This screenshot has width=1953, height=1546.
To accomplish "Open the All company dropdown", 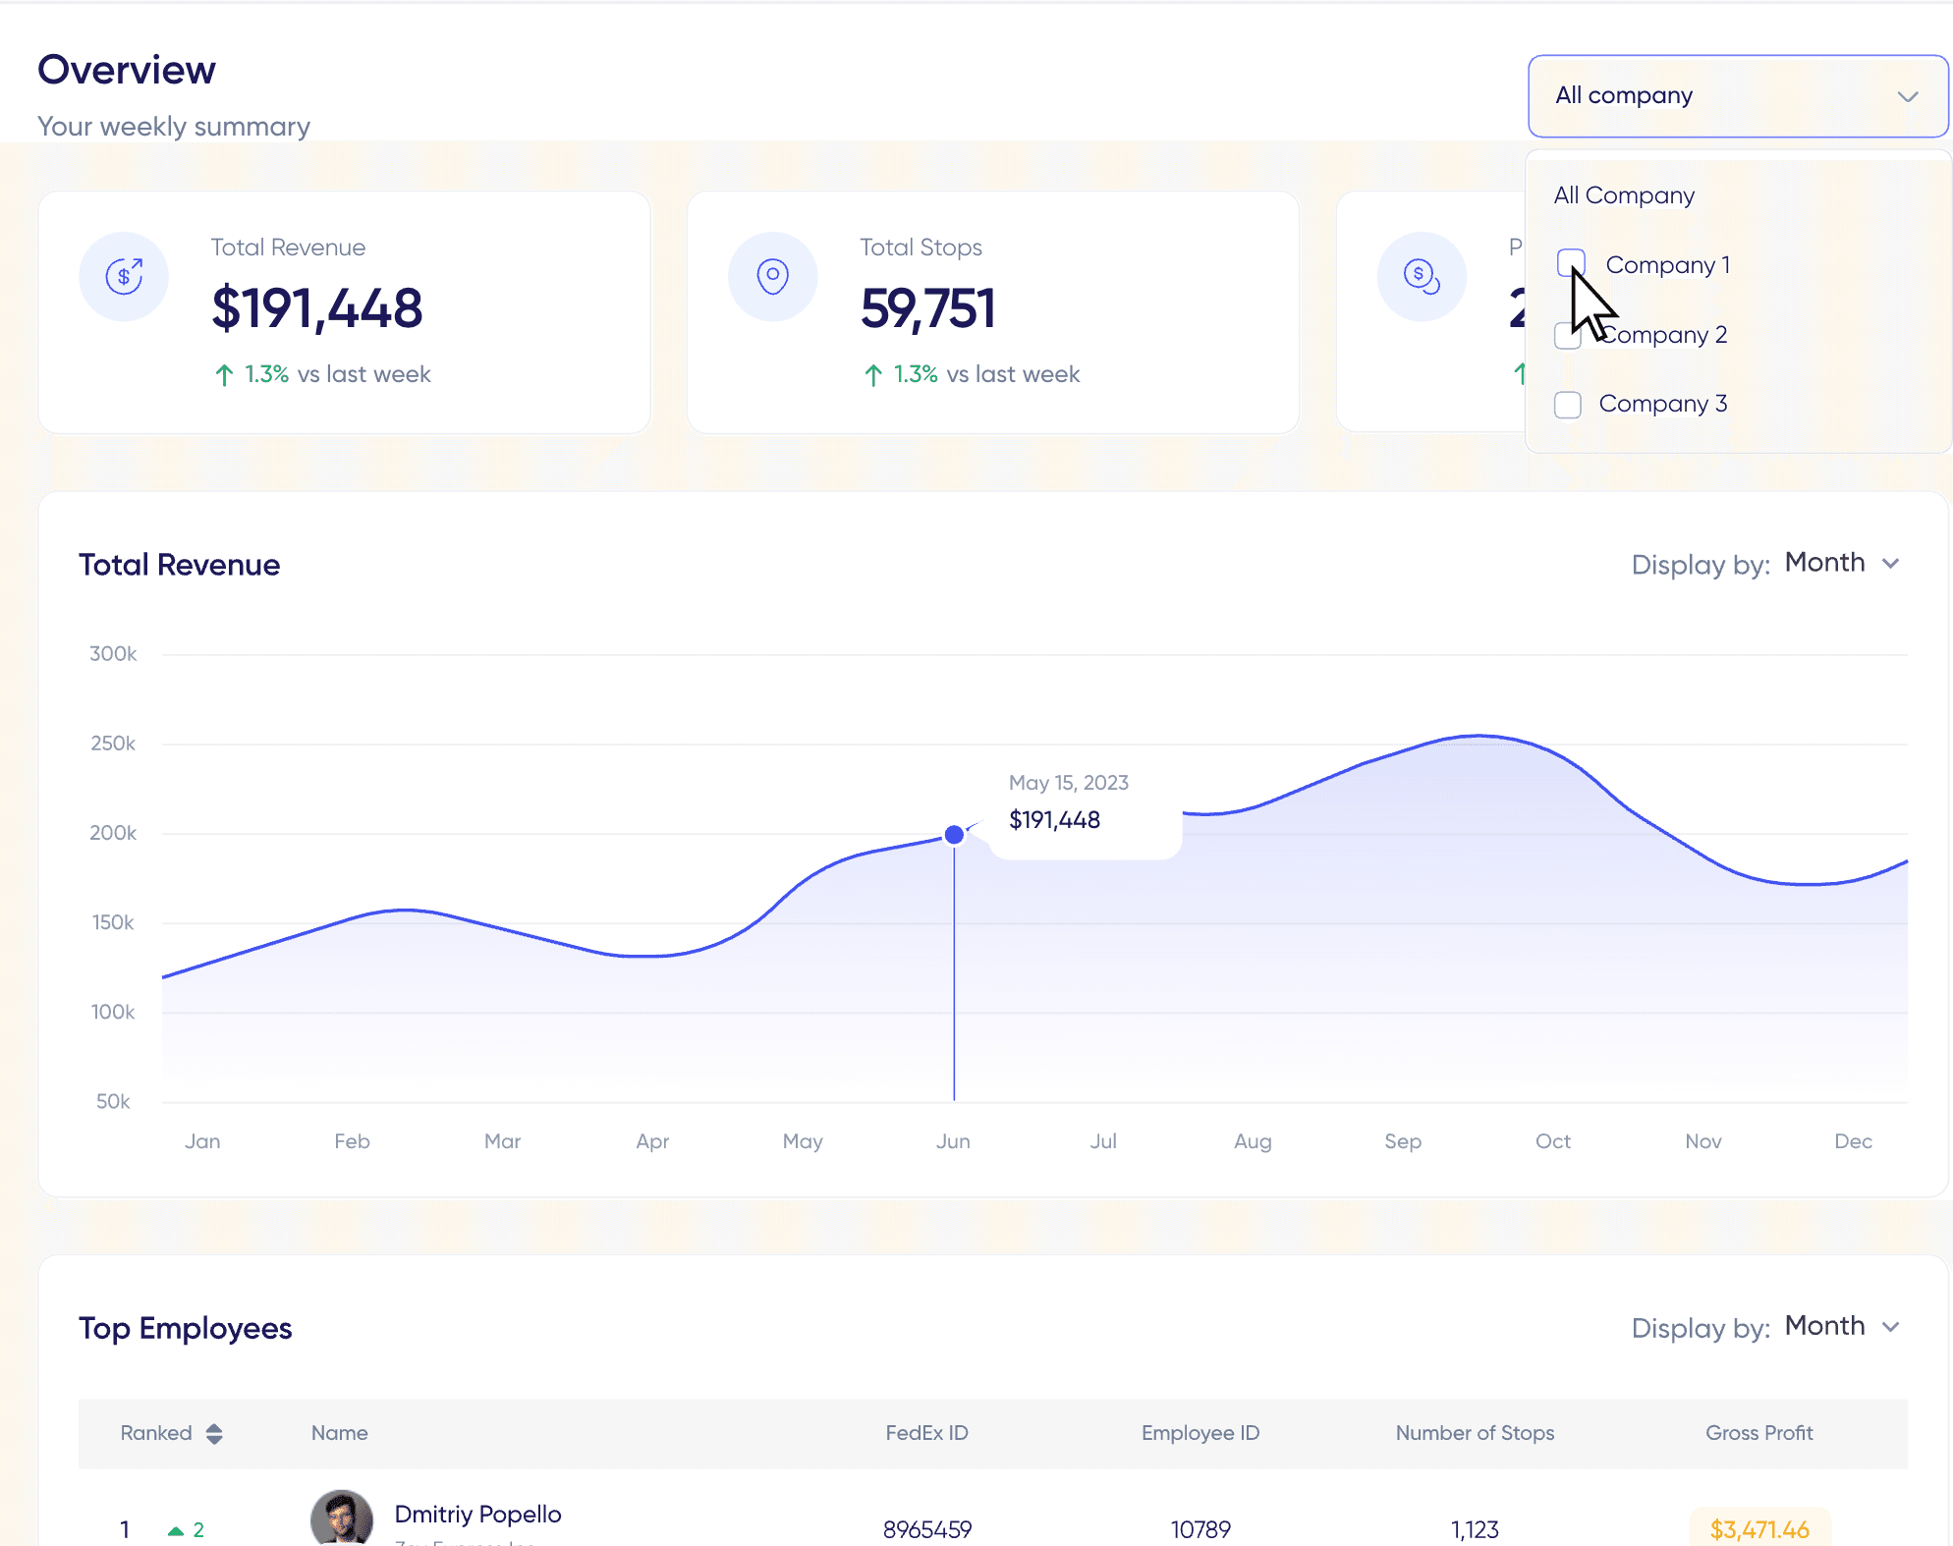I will click(1737, 96).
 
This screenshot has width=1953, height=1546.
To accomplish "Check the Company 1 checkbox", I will click(1571, 263).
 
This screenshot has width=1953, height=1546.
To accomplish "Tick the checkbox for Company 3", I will click(1568, 405).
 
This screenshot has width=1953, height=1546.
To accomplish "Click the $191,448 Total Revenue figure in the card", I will click(316, 308).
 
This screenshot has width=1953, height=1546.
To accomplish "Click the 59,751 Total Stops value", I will click(927, 308).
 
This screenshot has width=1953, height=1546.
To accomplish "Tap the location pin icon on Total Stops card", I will click(773, 277).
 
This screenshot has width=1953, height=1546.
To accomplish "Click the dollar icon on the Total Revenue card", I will click(124, 277).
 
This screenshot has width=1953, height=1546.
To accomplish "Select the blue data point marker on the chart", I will click(954, 835).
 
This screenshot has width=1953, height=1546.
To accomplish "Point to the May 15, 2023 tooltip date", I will click(1068, 783).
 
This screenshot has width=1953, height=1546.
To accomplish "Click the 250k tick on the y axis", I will click(113, 744).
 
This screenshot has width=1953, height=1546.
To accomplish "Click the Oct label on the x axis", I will click(1552, 1141).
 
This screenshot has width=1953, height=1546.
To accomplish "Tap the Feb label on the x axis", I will click(352, 1141).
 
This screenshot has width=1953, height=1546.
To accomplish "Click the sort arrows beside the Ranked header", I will click(214, 1433).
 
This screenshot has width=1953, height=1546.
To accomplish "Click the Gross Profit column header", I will click(1758, 1433).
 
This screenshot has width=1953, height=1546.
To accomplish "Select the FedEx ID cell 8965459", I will click(926, 1529).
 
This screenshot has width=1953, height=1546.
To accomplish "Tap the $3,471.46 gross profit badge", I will click(1758, 1529).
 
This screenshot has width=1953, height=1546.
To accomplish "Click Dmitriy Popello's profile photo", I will click(341, 1518).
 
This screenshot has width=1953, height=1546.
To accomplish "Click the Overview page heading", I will click(127, 71).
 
